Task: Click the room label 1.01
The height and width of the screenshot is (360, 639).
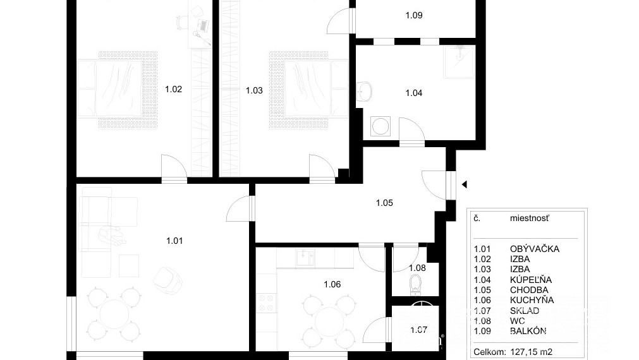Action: point(174,240)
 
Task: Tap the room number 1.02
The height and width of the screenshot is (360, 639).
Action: point(173,89)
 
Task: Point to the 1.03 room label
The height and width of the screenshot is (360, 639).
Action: point(254,90)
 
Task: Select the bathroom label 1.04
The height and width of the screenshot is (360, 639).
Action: point(413,93)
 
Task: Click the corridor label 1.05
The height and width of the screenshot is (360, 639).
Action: point(384,203)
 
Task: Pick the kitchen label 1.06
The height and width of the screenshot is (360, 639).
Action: point(332,284)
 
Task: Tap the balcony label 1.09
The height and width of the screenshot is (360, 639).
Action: point(413,15)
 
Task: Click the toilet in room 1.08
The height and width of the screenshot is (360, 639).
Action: point(415,284)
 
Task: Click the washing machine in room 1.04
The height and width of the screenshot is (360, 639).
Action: point(380,126)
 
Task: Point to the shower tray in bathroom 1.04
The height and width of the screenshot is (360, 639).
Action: point(459,61)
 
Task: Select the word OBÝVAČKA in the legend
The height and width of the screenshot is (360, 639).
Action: point(534,249)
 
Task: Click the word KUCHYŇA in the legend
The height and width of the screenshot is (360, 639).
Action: point(532,300)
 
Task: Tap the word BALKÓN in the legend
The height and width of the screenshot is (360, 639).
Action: point(528,331)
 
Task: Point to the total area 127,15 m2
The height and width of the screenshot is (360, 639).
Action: point(539,352)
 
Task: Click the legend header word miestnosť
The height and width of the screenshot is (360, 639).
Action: point(529,218)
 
